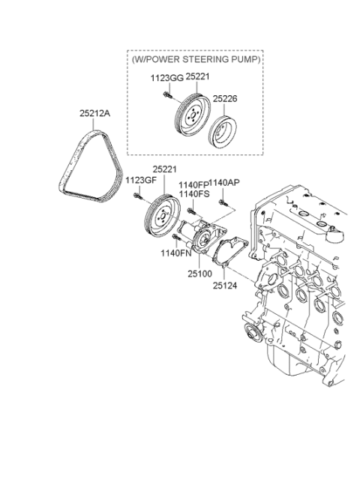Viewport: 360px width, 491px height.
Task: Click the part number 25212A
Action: click(94, 113)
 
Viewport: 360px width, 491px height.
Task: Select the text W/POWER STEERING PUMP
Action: click(196, 59)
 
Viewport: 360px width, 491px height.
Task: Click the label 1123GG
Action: click(167, 78)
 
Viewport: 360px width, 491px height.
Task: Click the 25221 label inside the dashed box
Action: click(197, 76)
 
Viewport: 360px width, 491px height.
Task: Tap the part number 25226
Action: click(225, 99)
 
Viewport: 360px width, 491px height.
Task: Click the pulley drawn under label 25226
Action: click(223, 131)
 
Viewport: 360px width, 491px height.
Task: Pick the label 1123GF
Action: click(141, 180)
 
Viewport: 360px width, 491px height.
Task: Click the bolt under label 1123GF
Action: click(138, 196)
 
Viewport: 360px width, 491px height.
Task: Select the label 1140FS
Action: click(194, 194)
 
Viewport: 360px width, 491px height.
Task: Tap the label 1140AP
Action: click(224, 183)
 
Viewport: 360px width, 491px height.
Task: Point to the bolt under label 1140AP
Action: click(223, 203)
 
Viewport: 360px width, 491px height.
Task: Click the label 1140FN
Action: click(176, 253)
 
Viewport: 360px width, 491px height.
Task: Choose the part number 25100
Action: click(200, 274)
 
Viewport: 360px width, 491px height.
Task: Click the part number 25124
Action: click(225, 286)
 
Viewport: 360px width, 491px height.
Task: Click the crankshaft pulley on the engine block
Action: click(253, 334)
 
